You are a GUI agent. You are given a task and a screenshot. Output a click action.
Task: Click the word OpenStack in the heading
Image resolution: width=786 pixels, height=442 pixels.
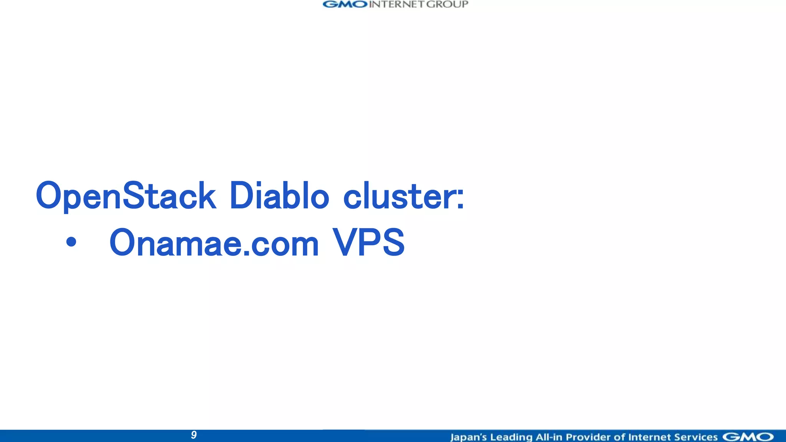(x=126, y=196)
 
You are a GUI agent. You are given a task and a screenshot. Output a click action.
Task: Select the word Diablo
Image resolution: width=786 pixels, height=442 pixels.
(x=279, y=196)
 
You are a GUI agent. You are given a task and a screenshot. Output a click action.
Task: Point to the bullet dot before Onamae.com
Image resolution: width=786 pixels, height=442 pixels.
(x=71, y=242)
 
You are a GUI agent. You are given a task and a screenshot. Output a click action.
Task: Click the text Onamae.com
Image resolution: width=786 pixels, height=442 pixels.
(x=214, y=243)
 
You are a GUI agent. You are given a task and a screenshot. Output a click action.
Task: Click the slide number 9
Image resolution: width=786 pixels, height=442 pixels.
(x=194, y=435)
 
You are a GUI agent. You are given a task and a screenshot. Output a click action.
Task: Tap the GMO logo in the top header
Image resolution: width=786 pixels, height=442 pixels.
(x=345, y=4)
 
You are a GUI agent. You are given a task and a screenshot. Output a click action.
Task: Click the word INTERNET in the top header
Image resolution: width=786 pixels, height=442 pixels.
(x=397, y=4)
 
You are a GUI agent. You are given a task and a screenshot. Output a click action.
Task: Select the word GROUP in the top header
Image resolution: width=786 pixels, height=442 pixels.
(x=447, y=4)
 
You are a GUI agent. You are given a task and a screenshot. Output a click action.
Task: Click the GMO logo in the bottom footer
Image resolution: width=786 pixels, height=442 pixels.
(x=748, y=437)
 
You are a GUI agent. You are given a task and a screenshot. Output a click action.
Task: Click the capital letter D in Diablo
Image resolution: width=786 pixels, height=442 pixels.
(x=241, y=196)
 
